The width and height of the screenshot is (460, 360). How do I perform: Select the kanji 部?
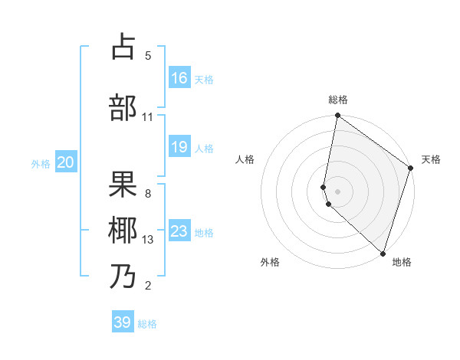123,107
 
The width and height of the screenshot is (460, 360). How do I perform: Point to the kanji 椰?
123,230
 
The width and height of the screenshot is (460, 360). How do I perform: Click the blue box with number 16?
179,78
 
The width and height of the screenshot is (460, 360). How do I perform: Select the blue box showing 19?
179,147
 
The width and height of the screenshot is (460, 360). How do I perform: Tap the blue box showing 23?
179,231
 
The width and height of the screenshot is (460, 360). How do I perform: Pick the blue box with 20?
66,162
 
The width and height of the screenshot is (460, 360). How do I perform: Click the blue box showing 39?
123,322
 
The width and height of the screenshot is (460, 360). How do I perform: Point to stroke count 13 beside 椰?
148,240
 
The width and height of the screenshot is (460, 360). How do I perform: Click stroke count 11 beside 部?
148,116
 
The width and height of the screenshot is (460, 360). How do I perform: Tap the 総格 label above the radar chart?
338,100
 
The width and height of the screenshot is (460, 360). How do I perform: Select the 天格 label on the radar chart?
431,159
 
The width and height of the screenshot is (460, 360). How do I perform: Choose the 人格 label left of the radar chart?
245,159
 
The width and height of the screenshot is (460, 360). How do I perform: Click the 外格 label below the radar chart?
270,262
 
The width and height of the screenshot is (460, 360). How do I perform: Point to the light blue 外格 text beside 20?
41,163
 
